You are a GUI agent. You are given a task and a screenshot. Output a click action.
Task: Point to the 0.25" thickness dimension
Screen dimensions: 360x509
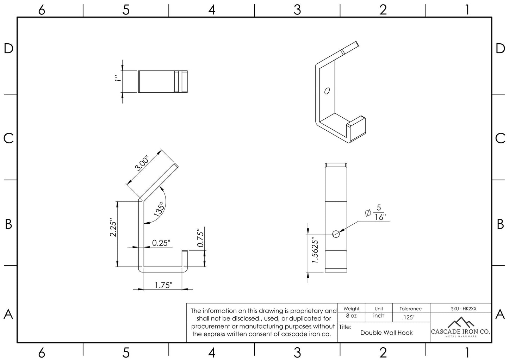[x=161, y=243]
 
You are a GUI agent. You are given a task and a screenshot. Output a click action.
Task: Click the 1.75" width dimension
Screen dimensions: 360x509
[x=163, y=285]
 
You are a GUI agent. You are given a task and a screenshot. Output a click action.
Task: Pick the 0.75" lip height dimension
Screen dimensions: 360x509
[x=200, y=238]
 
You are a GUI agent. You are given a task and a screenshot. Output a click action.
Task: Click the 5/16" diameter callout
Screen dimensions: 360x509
[x=378, y=212]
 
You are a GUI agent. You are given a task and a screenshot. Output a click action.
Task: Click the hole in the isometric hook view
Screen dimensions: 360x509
[x=327, y=91]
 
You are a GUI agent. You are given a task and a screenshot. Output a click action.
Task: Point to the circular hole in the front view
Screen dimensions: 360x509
[x=336, y=234]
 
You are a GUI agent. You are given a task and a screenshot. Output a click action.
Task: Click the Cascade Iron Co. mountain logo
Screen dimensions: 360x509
[x=460, y=322]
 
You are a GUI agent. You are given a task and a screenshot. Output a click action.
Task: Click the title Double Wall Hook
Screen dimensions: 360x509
[x=386, y=333]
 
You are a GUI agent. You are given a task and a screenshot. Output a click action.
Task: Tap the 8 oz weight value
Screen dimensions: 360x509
[x=351, y=316]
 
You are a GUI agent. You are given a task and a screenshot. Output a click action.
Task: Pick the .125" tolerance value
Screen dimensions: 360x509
[x=408, y=317]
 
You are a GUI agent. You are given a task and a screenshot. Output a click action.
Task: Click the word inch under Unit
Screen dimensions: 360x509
[x=379, y=316]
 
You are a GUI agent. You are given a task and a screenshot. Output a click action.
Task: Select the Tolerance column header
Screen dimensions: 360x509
[x=410, y=309]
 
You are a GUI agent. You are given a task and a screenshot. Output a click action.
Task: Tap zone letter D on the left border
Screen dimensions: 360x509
[x=8, y=49]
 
